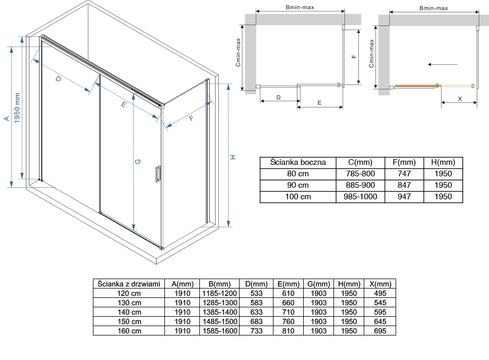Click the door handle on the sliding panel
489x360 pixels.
click(158, 174)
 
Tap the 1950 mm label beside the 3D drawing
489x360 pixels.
click(17, 107)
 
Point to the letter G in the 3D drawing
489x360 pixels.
click(138, 161)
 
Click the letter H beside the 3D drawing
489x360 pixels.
click(233, 157)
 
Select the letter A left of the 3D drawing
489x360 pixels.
click(7, 118)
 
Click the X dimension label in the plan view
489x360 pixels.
click(460, 99)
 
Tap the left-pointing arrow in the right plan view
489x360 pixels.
click(442, 65)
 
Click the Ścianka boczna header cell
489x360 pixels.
click(298, 162)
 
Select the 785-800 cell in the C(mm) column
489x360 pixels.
click(360, 174)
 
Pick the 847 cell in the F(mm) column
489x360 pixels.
click(404, 185)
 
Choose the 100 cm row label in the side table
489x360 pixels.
click(298, 197)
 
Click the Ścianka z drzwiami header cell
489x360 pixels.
click(129, 284)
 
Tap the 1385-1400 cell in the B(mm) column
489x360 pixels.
click(220, 312)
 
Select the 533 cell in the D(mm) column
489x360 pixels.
click(256, 293)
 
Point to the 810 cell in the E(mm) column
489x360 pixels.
click(288, 331)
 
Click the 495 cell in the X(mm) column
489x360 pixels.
click(380, 293)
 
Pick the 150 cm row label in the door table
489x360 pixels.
click(129, 321)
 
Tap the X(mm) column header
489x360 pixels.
click(380, 284)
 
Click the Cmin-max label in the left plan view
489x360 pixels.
click(238, 52)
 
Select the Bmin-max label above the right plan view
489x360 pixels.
click(434, 8)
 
